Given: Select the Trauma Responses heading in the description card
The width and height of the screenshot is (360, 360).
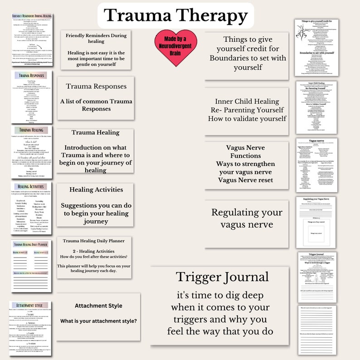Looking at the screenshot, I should click(x=96, y=86).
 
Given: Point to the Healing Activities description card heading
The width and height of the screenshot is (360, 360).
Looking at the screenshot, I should click(x=96, y=190).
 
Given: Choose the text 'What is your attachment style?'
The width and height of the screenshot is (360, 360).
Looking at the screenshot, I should click(x=98, y=321).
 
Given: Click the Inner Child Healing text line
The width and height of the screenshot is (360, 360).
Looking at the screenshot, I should click(x=247, y=101).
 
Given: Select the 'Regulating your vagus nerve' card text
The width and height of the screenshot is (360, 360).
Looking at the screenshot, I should click(x=246, y=218).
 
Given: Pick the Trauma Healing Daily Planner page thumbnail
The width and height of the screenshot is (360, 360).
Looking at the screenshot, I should click(x=31, y=266).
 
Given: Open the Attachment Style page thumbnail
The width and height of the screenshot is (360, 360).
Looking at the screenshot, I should click(x=31, y=327).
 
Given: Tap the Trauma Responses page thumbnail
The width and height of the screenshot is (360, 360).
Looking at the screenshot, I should click(x=31, y=97).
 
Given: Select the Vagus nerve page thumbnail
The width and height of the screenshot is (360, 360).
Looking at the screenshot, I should click(x=316, y=164).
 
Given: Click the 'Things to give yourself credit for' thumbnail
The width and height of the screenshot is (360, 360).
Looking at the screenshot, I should click(x=316, y=48).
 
